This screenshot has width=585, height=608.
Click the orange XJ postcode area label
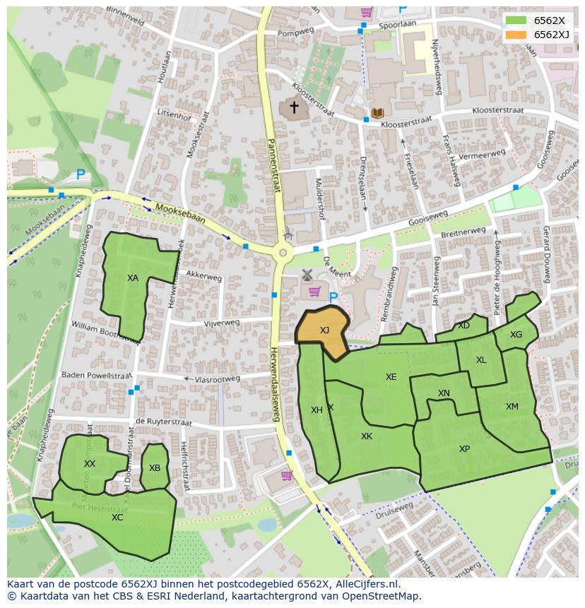click(324, 330)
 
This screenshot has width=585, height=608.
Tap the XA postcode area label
click(133, 278)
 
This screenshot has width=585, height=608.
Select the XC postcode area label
click(117, 518)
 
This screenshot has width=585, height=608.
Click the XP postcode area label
click(464, 449)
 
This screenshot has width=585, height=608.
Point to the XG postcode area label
click(516, 335)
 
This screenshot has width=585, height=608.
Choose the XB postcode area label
click(155, 468)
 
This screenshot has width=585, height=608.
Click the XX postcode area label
click(90, 464)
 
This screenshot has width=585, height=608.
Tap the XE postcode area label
click(391, 377)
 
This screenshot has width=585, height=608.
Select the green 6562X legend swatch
click(516, 20)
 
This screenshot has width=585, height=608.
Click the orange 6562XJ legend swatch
click(516, 35)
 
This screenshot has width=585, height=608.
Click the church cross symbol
click(293, 107)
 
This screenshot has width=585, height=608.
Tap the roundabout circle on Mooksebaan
click(283, 252)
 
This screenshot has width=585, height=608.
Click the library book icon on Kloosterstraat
click(377, 113)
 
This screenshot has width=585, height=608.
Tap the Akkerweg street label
click(205, 278)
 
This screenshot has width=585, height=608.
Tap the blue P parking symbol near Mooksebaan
click(81, 174)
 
